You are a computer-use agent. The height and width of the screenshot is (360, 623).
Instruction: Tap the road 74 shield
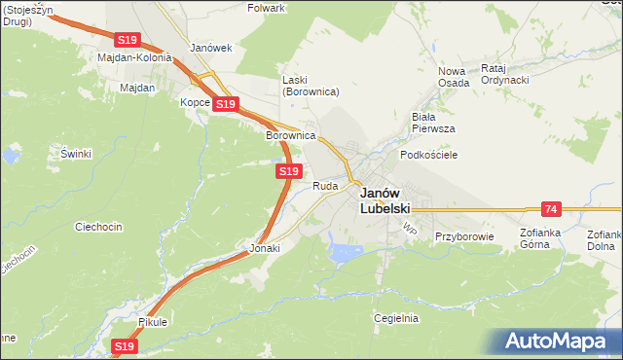click(x=552, y=209)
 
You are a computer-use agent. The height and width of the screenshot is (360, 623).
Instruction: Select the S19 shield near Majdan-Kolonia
click(x=128, y=40)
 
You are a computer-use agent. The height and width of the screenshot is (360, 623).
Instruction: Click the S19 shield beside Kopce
click(x=225, y=103)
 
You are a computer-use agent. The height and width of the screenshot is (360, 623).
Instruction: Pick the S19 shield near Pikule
click(x=124, y=345)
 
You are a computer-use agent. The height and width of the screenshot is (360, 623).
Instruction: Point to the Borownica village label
click(x=291, y=135)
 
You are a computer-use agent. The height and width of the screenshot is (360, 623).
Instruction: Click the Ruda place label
click(x=325, y=186)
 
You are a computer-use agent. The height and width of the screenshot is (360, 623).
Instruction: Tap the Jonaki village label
click(x=265, y=248)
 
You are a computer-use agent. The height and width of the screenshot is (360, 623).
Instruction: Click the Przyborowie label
click(x=464, y=236)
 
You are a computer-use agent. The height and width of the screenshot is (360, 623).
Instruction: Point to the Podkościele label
click(x=429, y=155)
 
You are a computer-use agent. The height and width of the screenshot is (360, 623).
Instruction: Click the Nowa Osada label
click(x=454, y=77)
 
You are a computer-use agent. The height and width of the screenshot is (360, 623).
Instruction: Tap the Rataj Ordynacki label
click(x=504, y=74)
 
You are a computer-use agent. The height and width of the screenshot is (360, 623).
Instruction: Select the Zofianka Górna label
click(x=548, y=239)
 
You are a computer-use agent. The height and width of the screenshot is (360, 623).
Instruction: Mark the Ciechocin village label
click(x=98, y=227)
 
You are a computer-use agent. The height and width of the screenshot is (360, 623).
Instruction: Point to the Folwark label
click(x=266, y=8)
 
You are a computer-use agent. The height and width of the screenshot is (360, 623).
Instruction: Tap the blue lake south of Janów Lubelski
click(x=346, y=253)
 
